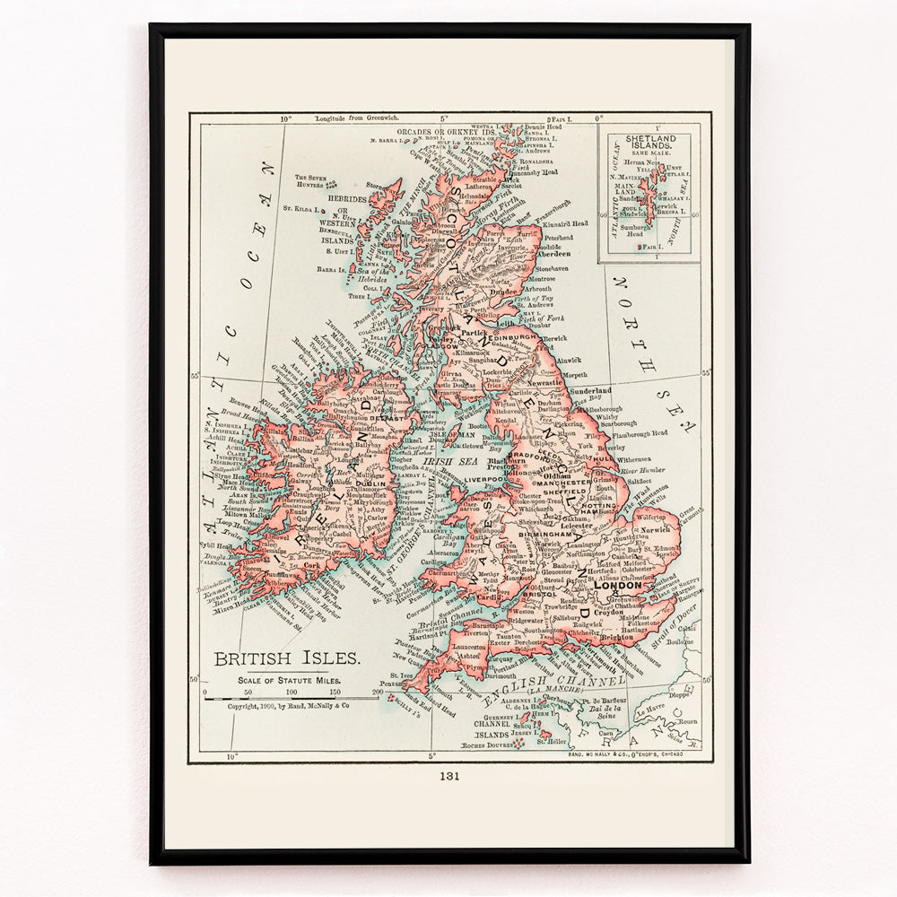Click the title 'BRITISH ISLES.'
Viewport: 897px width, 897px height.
pos(287,659)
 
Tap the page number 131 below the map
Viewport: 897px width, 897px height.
pos(449,777)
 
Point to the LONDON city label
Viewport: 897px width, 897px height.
pos(624,586)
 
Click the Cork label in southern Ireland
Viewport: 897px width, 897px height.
pos(311,566)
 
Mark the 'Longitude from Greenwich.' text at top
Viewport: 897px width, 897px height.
pos(357,118)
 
